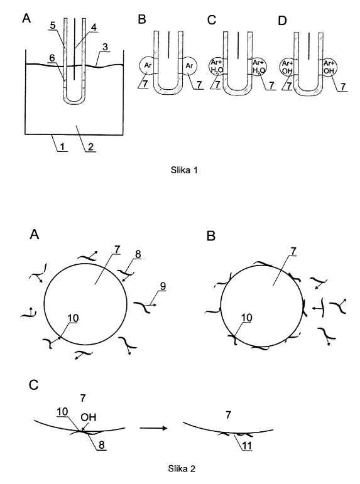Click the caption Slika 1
point(184,169)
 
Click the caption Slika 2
point(182,468)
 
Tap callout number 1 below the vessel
point(62,146)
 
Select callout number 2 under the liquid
point(90,146)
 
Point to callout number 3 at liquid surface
point(106,47)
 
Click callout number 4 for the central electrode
point(94,27)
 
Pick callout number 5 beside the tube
point(53,25)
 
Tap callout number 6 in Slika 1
point(52,57)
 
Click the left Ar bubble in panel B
point(148,66)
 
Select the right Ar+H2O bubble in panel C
point(258,67)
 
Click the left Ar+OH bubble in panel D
point(288,67)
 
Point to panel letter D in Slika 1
point(282,20)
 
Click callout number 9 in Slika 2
point(163,286)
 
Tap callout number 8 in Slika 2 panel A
point(138,254)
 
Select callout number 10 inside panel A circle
point(74,318)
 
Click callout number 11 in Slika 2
point(247,446)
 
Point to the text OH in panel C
point(89,417)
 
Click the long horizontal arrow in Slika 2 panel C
point(153,428)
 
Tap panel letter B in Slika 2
point(211,236)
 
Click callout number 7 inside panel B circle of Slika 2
point(293,252)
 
